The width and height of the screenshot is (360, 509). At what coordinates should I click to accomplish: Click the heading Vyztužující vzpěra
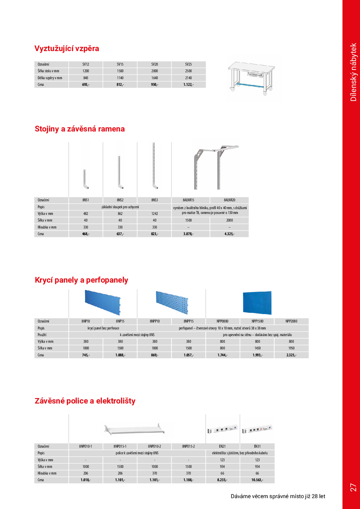click(x=67, y=49)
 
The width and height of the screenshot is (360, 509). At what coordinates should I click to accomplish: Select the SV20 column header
click(x=154, y=64)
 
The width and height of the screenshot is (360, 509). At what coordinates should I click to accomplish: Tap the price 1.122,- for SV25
click(x=188, y=85)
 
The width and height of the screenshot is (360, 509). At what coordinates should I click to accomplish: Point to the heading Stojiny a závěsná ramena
click(x=80, y=129)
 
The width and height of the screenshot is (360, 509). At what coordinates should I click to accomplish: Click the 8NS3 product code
click(x=154, y=200)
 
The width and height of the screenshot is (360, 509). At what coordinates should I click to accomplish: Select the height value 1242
click(x=154, y=213)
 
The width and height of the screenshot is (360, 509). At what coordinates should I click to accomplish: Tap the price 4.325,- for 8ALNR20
click(x=229, y=234)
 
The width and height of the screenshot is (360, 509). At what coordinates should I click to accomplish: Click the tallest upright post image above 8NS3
click(x=154, y=166)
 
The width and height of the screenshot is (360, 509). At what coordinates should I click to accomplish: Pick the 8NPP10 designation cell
click(x=154, y=321)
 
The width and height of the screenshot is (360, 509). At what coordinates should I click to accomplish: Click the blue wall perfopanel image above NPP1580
click(x=257, y=303)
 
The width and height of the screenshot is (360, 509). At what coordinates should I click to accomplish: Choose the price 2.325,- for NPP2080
click(x=291, y=355)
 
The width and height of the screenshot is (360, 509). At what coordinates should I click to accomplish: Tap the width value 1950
click(x=291, y=348)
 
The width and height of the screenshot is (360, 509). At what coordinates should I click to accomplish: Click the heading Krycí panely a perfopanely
click(x=81, y=280)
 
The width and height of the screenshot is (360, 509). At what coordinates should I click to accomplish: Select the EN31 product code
click(x=257, y=446)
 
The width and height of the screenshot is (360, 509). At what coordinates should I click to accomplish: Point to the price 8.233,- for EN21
click(x=223, y=480)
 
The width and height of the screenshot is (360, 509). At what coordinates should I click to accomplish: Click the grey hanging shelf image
click(x=133, y=428)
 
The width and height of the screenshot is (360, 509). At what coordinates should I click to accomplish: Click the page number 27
click(x=353, y=487)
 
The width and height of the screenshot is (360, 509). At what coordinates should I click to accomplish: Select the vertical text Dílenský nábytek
click(x=353, y=72)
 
